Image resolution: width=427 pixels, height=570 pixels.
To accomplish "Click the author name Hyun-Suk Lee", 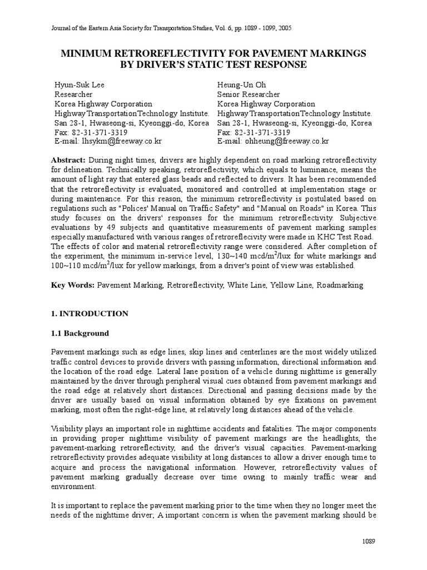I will tap(79, 85).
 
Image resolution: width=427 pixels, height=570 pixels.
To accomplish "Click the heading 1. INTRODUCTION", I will tap(89, 313).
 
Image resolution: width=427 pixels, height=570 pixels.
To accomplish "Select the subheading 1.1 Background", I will tap(80, 333).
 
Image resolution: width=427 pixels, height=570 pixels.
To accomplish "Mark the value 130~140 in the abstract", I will tap(220, 257).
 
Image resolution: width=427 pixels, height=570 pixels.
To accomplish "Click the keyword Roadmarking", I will tap(340, 284).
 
